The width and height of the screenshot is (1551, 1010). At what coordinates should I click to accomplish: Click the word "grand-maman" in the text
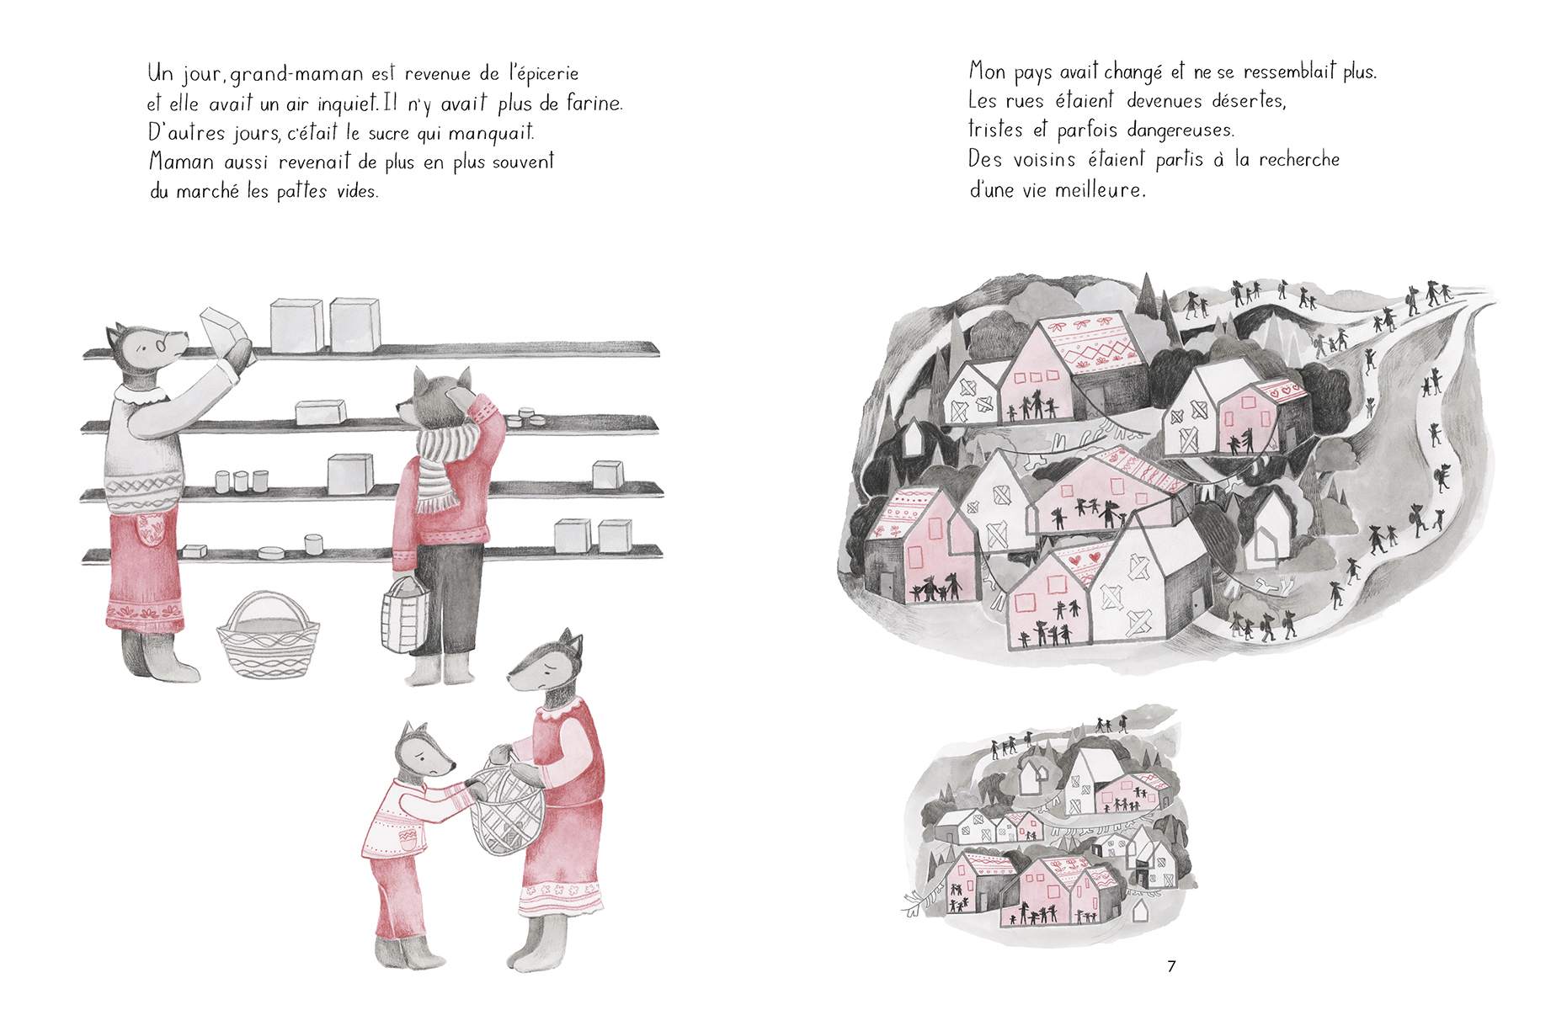pos(297,74)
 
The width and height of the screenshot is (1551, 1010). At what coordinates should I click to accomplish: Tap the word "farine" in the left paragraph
pos(594,103)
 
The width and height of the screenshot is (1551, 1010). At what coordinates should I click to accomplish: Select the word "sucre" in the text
pos(388,133)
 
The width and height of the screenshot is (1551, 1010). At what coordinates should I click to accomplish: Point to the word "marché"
pos(208,191)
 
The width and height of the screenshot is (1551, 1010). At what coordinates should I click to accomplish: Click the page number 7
pos(1171,966)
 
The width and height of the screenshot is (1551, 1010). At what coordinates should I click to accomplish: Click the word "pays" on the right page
pos(1032,74)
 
